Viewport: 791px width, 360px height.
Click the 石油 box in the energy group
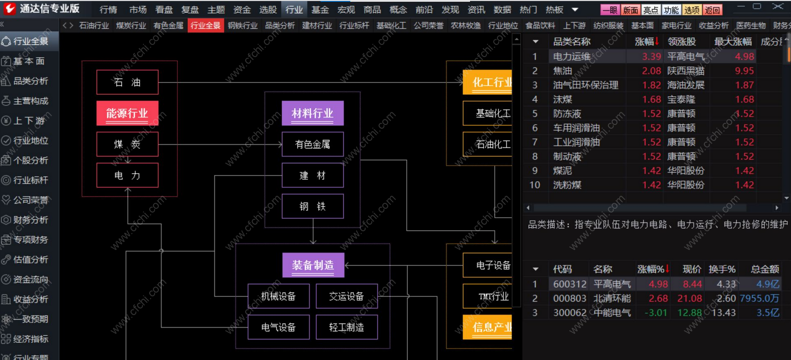(127, 82)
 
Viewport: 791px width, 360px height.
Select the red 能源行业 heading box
(127, 113)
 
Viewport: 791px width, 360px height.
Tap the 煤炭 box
(127, 144)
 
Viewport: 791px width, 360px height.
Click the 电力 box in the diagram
(127, 176)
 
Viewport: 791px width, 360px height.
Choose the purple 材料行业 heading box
(313, 113)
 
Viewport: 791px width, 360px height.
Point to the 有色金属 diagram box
(313, 144)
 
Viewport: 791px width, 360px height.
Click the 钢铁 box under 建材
(313, 206)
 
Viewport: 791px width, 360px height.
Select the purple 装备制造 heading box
(313, 265)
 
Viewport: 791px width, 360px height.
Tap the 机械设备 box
(278, 296)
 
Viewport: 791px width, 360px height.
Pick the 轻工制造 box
(346, 327)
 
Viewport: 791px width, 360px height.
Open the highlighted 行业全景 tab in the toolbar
(205, 26)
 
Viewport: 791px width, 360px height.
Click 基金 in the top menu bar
(320, 9)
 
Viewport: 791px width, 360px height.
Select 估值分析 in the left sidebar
(30, 259)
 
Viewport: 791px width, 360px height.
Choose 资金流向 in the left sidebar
(30, 279)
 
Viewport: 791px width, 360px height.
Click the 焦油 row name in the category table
(563, 71)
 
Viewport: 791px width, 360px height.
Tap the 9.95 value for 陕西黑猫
(744, 71)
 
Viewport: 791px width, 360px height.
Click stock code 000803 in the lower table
(569, 298)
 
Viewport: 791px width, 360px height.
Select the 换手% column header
(721, 269)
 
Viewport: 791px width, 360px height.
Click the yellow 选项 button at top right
(691, 10)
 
